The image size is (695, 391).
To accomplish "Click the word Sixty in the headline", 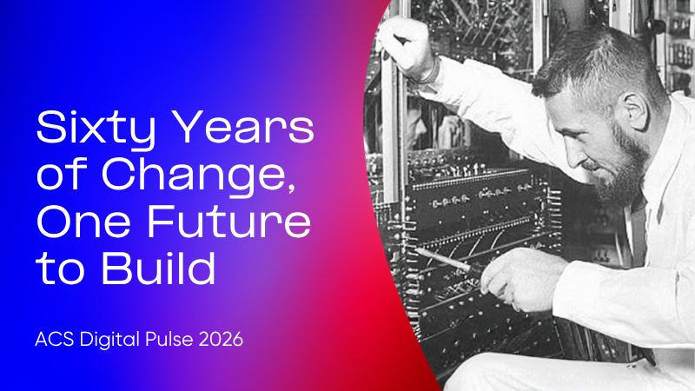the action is click(96, 129).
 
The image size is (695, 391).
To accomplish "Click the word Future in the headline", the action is click(228, 222).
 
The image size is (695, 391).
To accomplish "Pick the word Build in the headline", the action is click(159, 268).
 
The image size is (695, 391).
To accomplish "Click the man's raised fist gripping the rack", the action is click(404, 44).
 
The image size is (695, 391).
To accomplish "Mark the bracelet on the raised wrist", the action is click(429, 72).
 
